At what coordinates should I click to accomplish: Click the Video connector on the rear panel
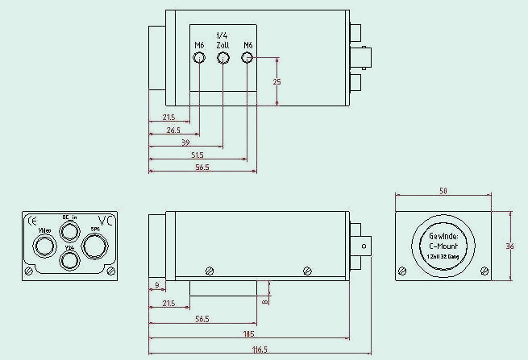(x=45, y=243)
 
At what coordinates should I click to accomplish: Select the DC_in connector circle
(x=70, y=231)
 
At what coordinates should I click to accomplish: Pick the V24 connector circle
(x=70, y=260)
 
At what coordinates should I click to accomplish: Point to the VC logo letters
(x=105, y=221)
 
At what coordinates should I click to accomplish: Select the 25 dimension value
(x=277, y=82)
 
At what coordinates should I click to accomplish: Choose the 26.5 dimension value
(x=173, y=130)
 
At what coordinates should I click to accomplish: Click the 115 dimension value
(x=249, y=333)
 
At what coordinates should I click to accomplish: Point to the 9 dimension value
(x=156, y=285)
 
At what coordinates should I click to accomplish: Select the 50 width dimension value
(x=443, y=191)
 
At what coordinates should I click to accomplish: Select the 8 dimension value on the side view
(x=264, y=301)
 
